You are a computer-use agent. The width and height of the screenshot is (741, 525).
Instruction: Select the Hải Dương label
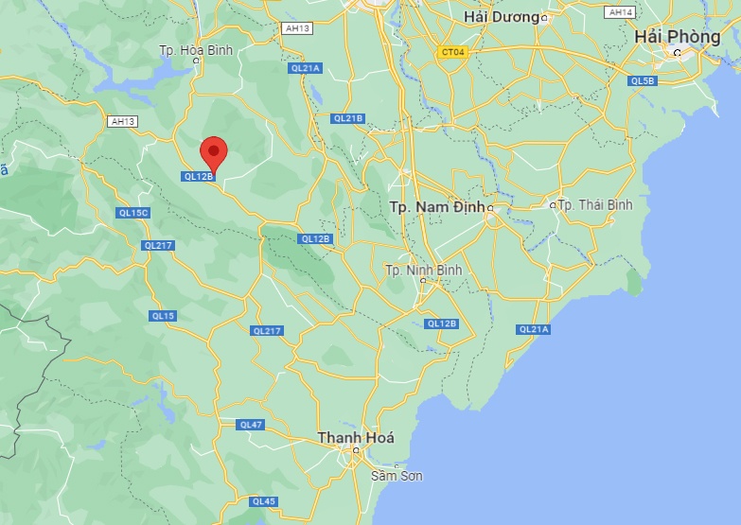(x=502, y=17)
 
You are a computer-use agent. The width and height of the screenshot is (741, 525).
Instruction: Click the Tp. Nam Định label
(x=436, y=205)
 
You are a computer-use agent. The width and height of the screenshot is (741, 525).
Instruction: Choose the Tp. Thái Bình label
(x=595, y=204)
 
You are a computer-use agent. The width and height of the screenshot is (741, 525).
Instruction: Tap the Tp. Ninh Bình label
(x=424, y=271)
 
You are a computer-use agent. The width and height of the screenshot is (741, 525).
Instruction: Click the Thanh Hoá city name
(x=355, y=438)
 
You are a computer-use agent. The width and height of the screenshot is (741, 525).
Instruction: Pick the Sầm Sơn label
(x=397, y=476)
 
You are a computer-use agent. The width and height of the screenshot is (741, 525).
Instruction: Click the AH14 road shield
(x=621, y=12)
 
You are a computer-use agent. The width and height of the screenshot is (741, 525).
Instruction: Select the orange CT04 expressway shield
(x=452, y=52)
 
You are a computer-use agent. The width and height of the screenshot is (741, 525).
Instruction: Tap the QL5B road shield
(x=642, y=81)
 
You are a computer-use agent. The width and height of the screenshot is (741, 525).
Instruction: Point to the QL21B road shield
(x=347, y=118)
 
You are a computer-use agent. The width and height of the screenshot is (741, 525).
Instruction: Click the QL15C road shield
(x=133, y=213)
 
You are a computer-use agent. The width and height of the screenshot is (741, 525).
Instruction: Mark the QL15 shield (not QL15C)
(x=162, y=315)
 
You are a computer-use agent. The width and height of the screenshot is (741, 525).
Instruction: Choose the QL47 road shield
(x=251, y=425)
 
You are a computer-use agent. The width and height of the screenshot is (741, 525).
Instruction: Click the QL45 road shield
(x=264, y=501)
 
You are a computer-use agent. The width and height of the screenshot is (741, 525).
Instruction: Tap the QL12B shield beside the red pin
(x=199, y=176)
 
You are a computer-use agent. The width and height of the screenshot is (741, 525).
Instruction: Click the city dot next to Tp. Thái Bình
(x=554, y=204)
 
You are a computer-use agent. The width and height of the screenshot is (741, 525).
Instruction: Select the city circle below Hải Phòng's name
(x=678, y=53)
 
